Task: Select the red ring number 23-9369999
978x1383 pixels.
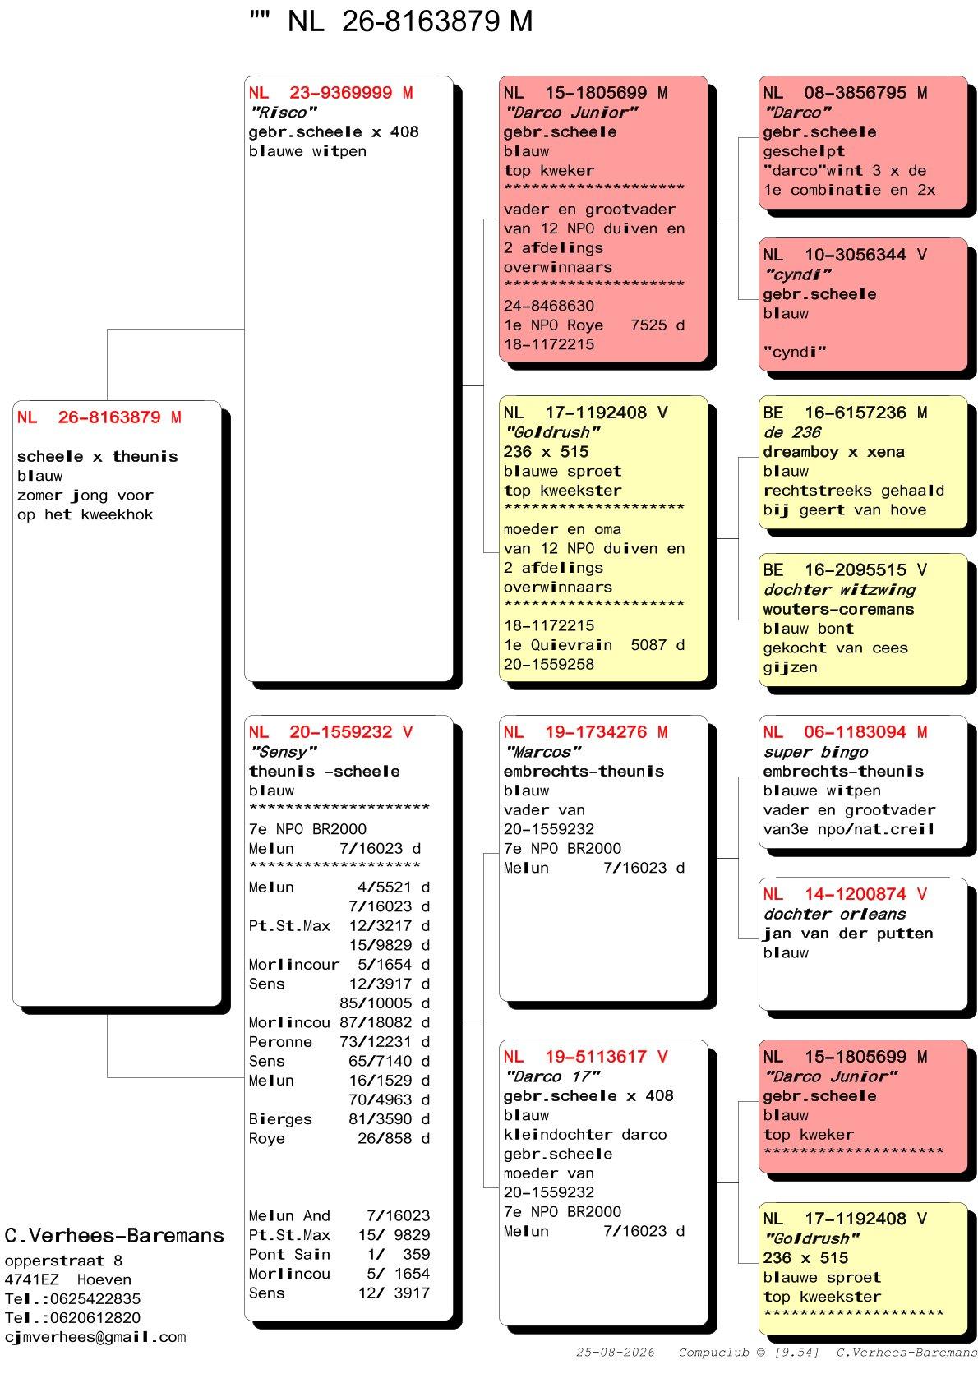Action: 340,93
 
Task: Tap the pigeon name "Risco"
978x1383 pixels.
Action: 284,113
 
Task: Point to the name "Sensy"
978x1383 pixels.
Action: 284,751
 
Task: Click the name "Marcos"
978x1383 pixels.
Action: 542,751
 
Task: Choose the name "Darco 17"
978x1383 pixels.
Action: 552,1076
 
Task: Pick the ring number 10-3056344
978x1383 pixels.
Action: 855,255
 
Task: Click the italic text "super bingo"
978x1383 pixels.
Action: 815,751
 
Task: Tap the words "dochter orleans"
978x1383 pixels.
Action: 834,913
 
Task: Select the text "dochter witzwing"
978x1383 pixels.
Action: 839,589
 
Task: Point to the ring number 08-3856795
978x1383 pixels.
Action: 855,93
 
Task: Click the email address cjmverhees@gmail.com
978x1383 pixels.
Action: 95,1337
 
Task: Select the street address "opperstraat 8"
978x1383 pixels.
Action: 63,1260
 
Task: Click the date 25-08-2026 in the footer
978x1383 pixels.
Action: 615,1352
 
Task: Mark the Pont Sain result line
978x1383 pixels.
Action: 339,1254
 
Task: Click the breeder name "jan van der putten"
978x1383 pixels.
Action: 847,933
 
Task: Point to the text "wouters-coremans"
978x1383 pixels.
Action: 838,609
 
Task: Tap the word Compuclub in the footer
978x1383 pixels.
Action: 713,1352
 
